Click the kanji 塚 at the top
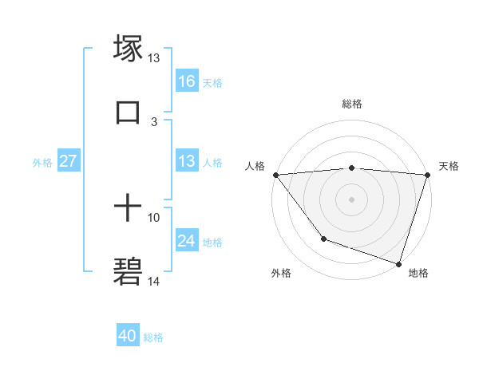pyautogui.click(x=128, y=49)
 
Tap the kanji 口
pyautogui.click(x=128, y=112)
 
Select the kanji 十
pyautogui.click(x=128, y=209)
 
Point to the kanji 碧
pyautogui.click(x=128, y=272)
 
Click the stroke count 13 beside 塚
pyautogui.click(x=154, y=58)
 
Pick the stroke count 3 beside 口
pyautogui.click(x=154, y=122)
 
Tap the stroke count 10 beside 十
pyautogui.click(x=154, y=217)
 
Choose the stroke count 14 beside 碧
pyautogui.click(x=154, y=281)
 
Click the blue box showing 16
pyautogui.click(x=187, y=81)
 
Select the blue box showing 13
pyautogui.click(x=187, y=161)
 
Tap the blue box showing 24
pyautogui.click(x=187, y=241)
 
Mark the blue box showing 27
pyautogui.click(x=69, y=161)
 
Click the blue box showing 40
pyautogui.click(x=128, y=337)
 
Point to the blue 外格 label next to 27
pyautogui.click(x=42, y=162)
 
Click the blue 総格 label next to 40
pyautogui.click(x=153, y=337)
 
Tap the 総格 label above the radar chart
pyautogui.click(x=352, y=104)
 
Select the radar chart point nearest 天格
pyautogui.click(x=427, y=175)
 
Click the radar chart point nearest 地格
pyautogui.click(x=398, y=263)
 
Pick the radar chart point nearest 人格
pyautogui.click(x=275, y=175)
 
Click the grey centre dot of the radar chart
pyautogui.click(x=351, y=199)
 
